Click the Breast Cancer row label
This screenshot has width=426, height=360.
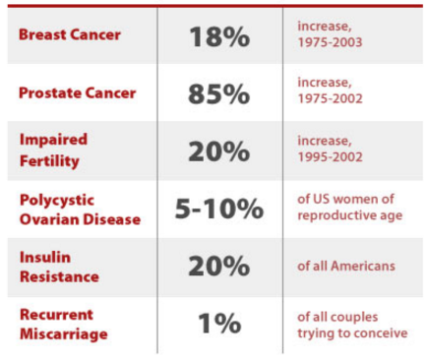click(x=70, y=34)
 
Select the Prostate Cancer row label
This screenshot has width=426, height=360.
click(x=77, y=92)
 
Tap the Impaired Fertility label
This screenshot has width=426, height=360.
click(x=53, y=150)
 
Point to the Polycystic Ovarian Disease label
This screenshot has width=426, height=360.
click(x=80, y=210)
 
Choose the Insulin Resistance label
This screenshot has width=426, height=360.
click(x=59, y=267)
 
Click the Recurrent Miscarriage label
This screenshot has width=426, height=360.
click(x=64, y=325)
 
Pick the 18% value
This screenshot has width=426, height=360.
click(x=219, y=36)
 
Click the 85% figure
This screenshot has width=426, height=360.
click(x=219, y=94)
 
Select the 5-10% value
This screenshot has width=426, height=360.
click(x=219, y=209)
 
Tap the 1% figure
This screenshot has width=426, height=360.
click(x=219, y=324)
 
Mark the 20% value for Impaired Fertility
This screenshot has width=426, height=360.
click(x=219, y=151)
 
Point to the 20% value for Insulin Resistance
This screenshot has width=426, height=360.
click(x=219, y=267)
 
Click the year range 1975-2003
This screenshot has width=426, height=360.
click(x=330, y=42)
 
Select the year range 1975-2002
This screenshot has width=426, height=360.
click(x=330, y=98)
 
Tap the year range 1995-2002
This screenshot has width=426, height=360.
click(x=330, y=156)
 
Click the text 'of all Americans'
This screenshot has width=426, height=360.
click(x=346, y=266)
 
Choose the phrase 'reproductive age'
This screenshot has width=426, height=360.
click(x=349, y=215)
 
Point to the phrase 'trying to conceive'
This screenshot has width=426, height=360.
click(x=352, y=333)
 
